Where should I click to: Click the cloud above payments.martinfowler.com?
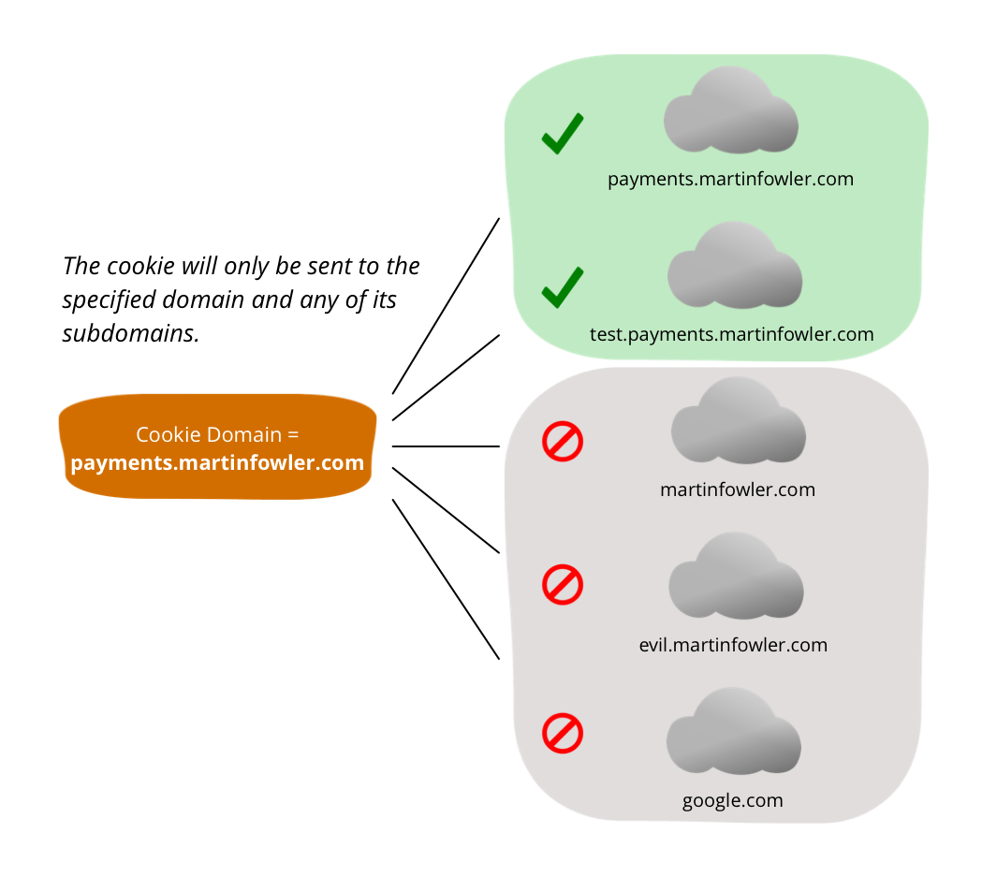coord(731,112)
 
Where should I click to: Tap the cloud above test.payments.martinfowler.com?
coord(735,267)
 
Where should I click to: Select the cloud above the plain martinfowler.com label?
coord(739,421)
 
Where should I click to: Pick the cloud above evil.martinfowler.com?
coord(736,577)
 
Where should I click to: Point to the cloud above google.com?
coord(734,733)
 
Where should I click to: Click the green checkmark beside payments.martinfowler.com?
coord(563,134)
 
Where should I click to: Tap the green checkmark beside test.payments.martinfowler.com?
coord(563,288)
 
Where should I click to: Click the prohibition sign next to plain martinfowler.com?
coord(563,442)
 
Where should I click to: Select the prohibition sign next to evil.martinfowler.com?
coord(563,586)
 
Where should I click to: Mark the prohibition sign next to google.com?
coord(563,734)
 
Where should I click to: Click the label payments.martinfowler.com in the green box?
coord(730,179)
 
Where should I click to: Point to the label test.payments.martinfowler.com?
coord(731,334)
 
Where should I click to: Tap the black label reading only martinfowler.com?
coord(738,490)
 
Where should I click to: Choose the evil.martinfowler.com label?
coord(733,645)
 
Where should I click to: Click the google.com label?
coord(732,800)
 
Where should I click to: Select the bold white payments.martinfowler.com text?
coord(217,463)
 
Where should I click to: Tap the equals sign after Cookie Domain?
coord(294,435)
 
